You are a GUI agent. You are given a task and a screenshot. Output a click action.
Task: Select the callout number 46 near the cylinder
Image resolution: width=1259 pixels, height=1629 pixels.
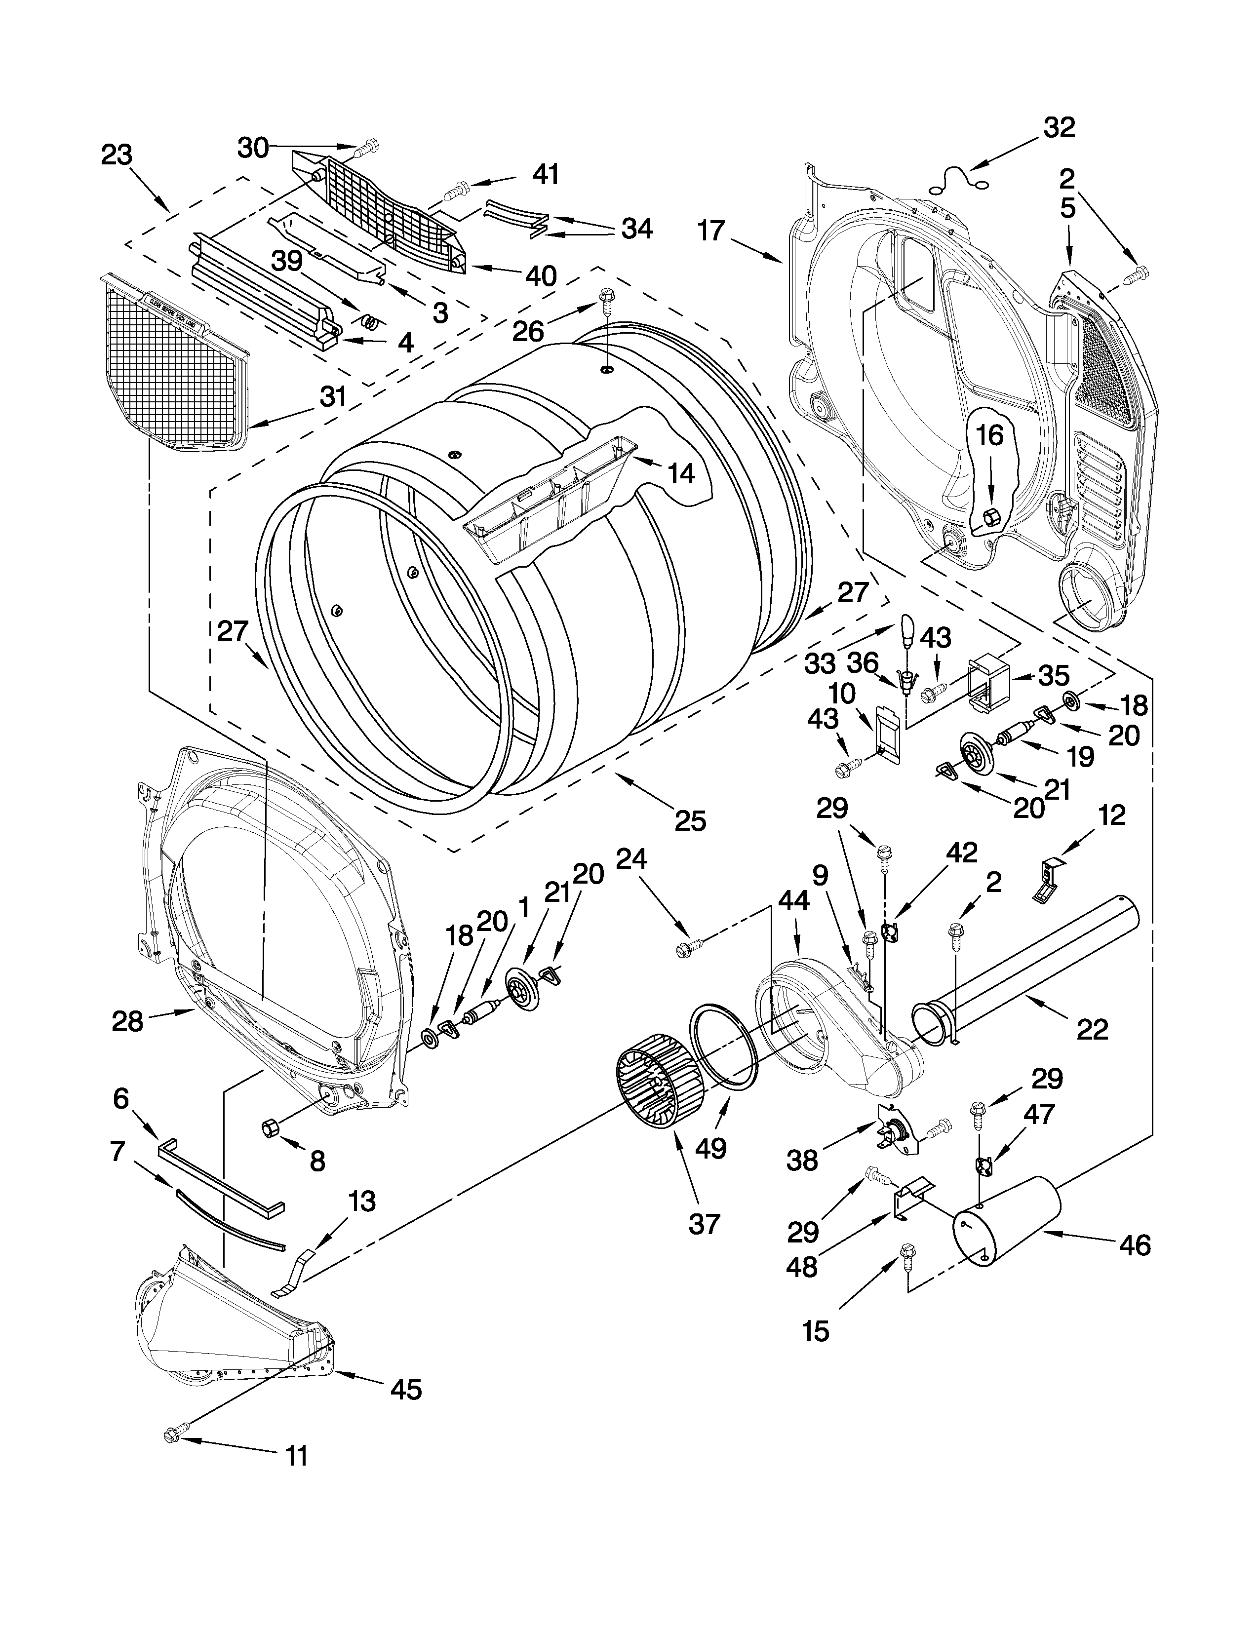point(1135,1245)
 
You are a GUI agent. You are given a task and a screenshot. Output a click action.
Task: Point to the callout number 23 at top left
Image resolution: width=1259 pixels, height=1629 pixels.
point(117,155)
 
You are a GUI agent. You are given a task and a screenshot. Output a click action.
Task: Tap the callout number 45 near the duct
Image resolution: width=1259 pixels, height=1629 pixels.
point(406,1389)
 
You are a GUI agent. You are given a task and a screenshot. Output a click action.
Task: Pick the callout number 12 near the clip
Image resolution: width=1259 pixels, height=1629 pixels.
point(1111,815)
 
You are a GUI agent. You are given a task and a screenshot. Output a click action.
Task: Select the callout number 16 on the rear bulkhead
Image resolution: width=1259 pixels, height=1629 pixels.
point(990,435)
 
